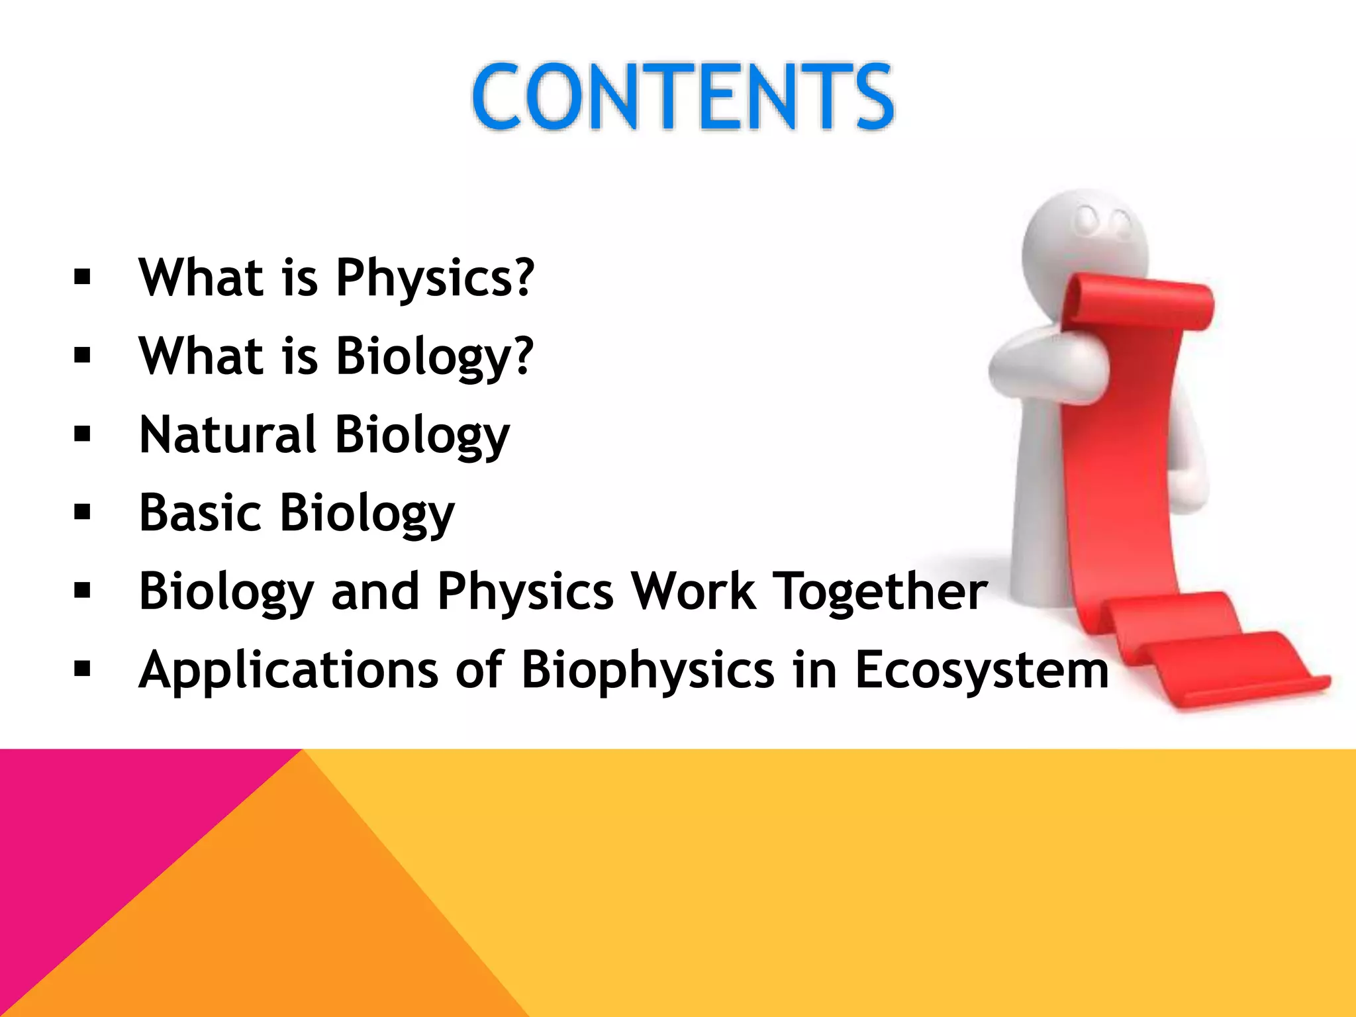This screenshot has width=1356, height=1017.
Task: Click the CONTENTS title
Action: (683, 97)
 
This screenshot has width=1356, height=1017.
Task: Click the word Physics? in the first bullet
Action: (434, 277)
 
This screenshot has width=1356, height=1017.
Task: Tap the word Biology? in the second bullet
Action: (434, 356)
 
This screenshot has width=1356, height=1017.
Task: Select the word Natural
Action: (227, 434)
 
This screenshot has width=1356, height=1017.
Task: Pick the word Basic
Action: (200, 512)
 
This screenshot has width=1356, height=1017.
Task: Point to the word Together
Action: (882, 591)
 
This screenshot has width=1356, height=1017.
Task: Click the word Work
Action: (693, 591)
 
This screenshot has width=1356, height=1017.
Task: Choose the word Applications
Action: (288, 669)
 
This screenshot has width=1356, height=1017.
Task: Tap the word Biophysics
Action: (648, 671)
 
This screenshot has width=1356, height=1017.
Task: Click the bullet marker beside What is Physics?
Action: (83, 277)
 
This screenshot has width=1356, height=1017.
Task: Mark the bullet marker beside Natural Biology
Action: (83, 434)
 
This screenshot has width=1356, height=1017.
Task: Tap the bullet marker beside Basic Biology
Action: (83, 512)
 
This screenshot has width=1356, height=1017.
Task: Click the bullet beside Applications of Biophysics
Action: (83, 669)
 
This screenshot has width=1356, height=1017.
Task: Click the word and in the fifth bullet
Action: (375, 591)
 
